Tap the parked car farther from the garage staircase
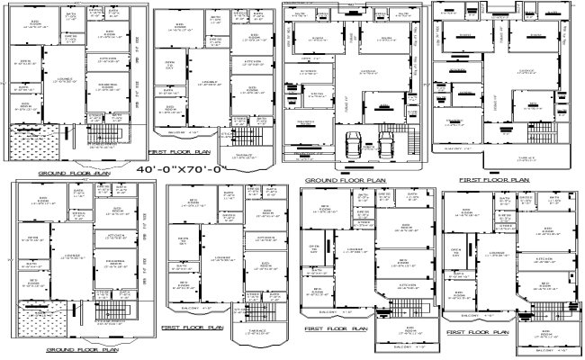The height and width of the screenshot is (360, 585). (353, 143)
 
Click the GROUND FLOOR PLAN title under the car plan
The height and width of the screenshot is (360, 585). (346, 180)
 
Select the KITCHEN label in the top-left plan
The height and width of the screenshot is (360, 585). (101, 58)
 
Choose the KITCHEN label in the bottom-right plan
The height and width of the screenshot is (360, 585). (544, 258)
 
